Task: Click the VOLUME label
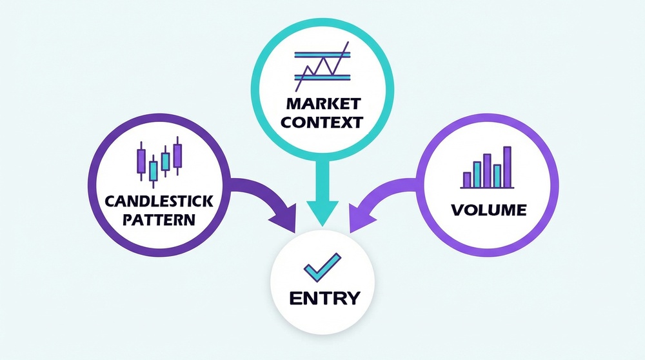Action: pos(489,210)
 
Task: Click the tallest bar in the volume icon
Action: pos(507,166)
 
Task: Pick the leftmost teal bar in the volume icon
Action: pos(477,174)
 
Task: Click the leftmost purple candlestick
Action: pos(141,160)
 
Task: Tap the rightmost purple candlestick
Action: pos(177,155)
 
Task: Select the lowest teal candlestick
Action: pos(154,171)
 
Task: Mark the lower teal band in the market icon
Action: pos(322,77)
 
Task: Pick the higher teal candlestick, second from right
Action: pos(166,160)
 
